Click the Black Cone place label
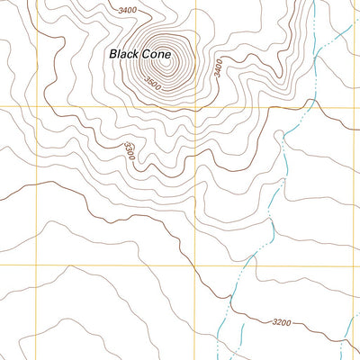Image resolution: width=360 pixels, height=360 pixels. tap(139, 54)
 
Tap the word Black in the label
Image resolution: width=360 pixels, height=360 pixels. tap(123, 54)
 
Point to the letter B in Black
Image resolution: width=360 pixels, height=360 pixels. tap(112, 54)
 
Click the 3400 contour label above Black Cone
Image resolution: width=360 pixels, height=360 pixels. tap(127, 10)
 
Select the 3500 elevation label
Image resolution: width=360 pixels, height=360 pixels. tap(155, 84)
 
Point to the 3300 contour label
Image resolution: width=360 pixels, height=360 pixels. tap(131, 150)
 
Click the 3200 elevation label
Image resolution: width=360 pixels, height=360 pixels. tap(281, 321)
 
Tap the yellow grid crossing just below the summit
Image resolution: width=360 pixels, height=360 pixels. tap(195, 107)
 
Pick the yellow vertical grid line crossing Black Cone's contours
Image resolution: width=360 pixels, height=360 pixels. tap(195, 135)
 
